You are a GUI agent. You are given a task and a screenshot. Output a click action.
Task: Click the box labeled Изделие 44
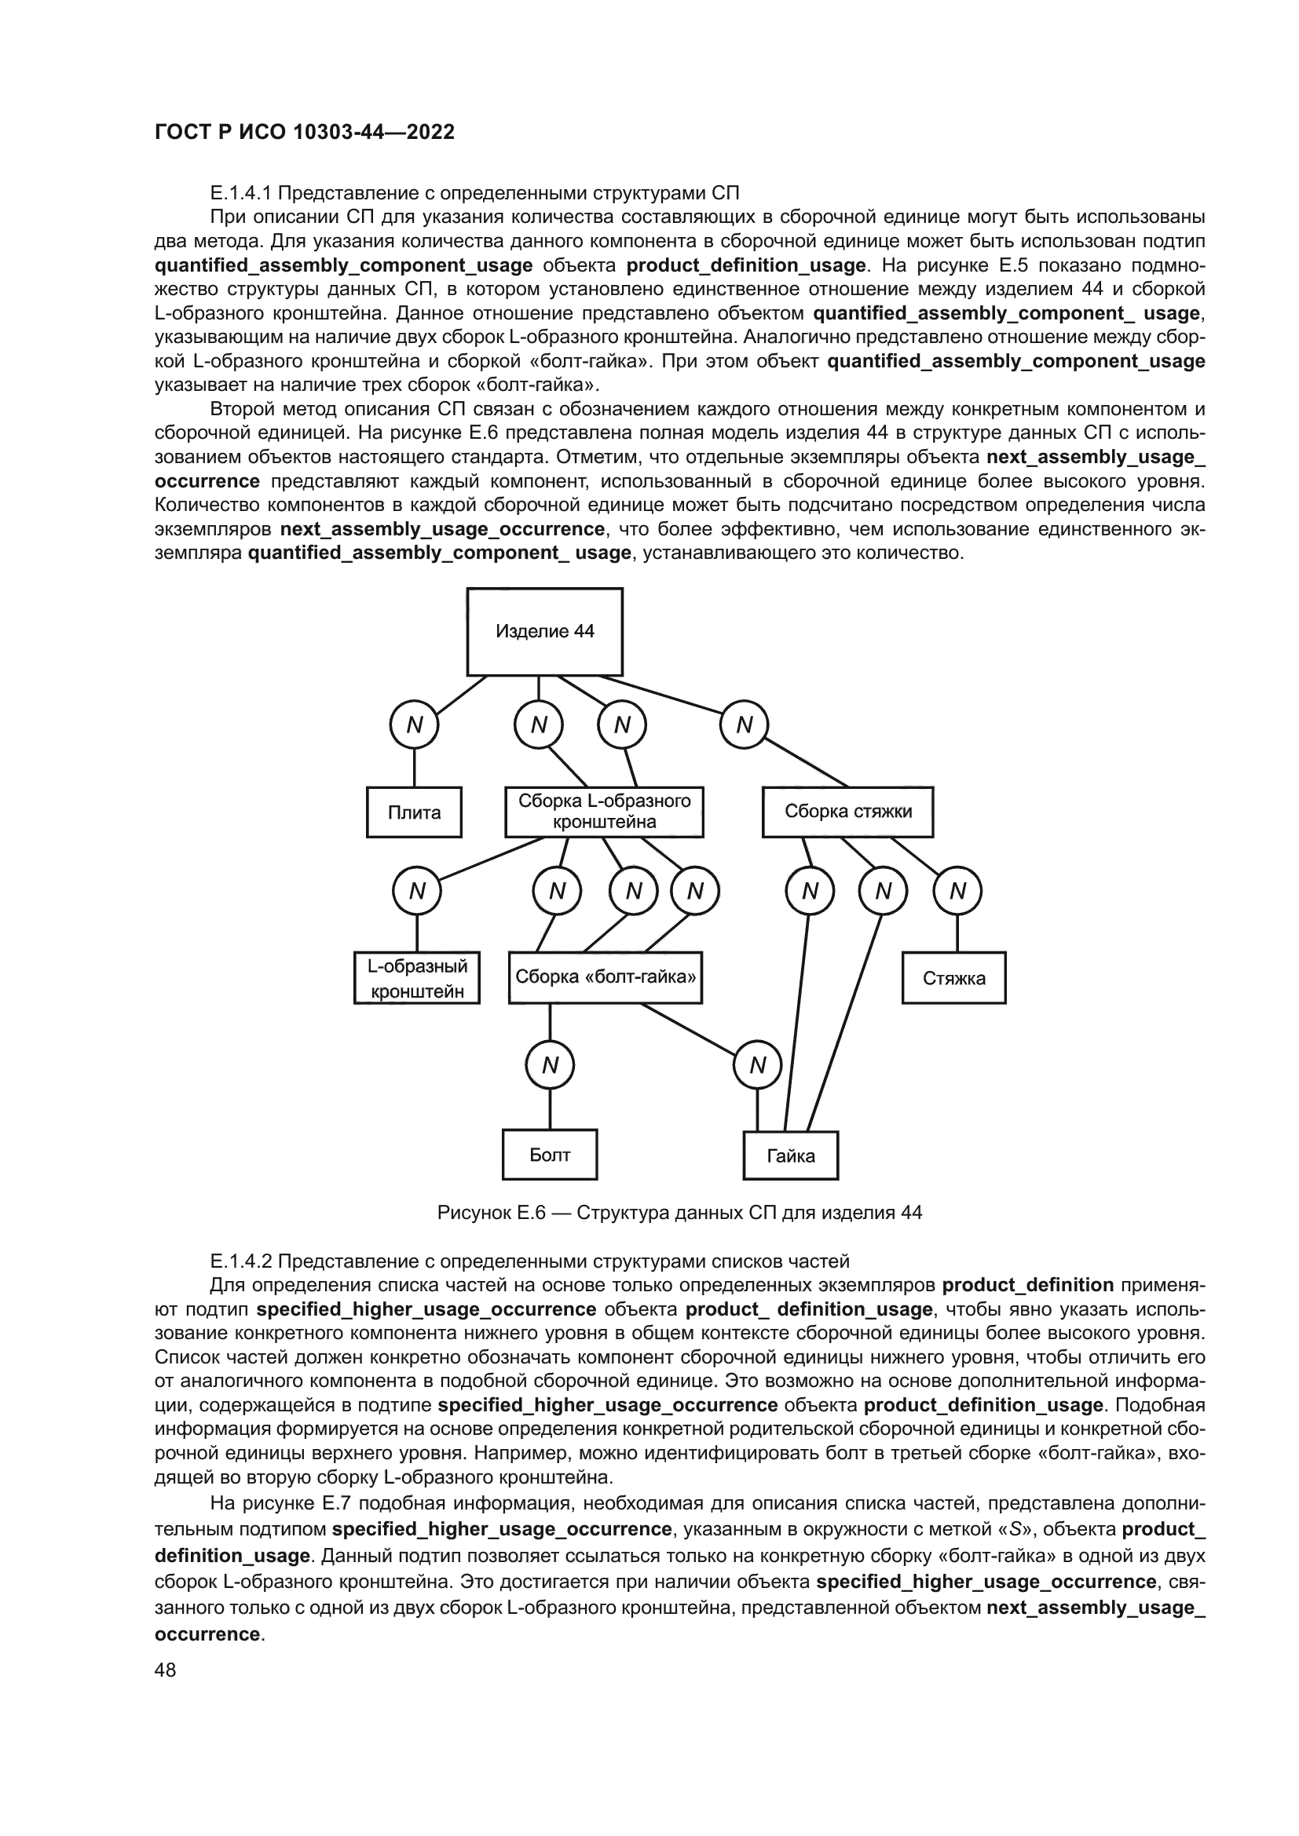(545, 632)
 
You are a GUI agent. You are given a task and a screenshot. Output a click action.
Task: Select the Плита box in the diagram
(414, 812)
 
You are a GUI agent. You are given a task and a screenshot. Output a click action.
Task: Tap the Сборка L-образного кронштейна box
(604, 812)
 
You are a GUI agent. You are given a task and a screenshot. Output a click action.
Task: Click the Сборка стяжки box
(847, 812)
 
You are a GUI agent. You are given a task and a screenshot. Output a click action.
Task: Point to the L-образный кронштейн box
(417, 978)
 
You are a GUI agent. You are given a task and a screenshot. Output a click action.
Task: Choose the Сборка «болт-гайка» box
(605, 977)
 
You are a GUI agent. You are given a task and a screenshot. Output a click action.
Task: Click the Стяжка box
(953, 978)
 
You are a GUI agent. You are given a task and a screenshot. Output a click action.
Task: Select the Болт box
(550, 1155)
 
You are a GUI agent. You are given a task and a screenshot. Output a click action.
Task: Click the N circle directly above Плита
(414, 725)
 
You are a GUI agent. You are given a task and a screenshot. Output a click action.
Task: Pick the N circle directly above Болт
(550, 1065)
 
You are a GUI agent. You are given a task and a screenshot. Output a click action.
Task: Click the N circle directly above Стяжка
(957, 891)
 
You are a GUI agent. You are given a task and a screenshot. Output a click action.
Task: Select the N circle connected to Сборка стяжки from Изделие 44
(744, 725)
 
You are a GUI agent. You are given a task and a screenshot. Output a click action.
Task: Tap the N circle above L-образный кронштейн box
(417, 891)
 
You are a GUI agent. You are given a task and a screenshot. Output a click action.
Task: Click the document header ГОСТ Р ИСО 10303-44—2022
(304, 132)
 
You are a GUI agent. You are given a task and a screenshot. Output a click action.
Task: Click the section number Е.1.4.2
(241, 1262)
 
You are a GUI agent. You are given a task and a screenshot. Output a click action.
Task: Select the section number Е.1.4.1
(241, 193)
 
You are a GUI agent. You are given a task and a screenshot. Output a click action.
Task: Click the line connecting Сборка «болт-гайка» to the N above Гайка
(688, 1029)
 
